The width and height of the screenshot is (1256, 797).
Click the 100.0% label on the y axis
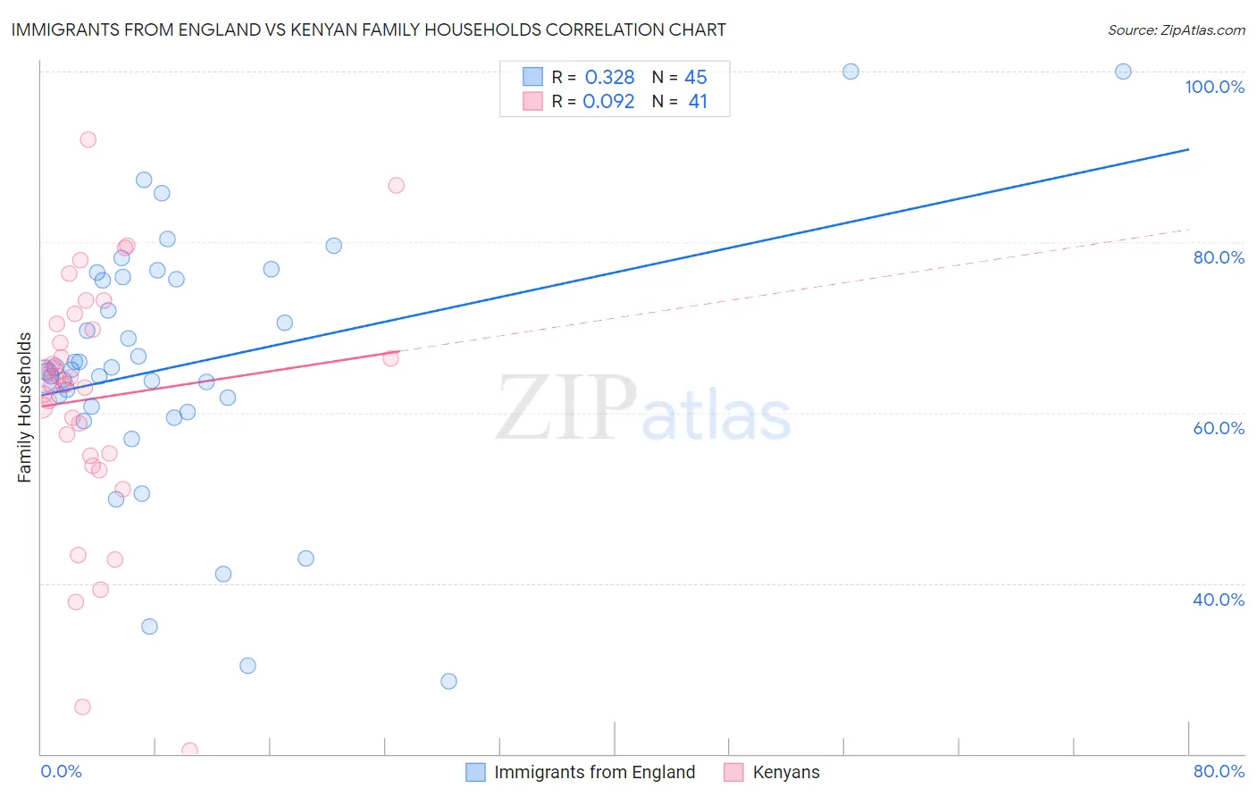(1214, 87)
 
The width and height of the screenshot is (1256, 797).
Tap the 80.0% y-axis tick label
(1218, 257)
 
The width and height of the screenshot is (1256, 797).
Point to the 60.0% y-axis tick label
(1218, 428)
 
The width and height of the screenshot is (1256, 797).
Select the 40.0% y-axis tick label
(1218, 600)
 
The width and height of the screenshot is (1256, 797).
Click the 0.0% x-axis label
(61, 771)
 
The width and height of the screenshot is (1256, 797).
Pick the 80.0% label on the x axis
(1218, 771)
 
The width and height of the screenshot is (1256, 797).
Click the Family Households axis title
(25, 407)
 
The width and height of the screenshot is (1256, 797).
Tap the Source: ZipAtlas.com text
(1176, 29)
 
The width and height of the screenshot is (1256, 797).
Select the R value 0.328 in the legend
(609, 78)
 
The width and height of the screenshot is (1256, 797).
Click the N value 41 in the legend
(698, 102)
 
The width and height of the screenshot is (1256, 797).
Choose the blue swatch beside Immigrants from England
(476, 772)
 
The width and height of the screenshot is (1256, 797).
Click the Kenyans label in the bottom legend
(785, 772)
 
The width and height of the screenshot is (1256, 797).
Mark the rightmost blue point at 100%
(1123, 71)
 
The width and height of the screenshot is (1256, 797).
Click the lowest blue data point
(448, 681)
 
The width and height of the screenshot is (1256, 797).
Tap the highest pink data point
(88, 139)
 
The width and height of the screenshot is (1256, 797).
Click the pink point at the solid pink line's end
(390, 358)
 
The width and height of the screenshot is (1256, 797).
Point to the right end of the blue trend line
(1188, 149)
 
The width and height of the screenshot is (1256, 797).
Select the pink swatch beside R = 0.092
(533, 101)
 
